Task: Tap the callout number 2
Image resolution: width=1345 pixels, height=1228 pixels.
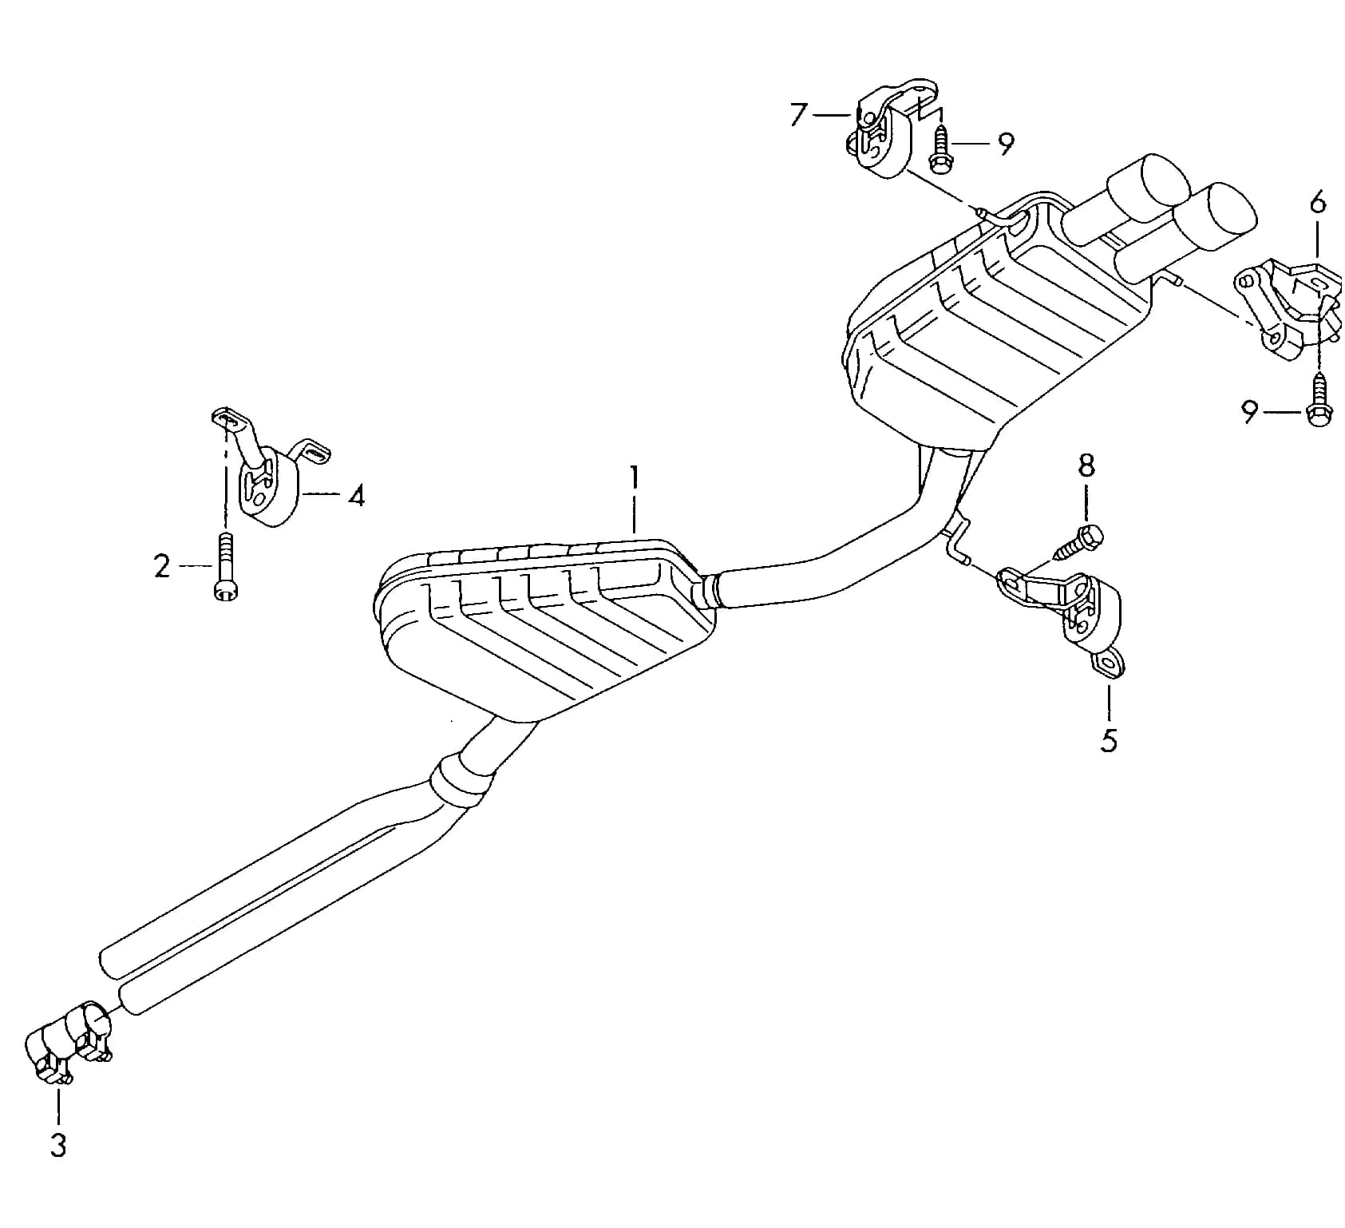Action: click(x=162, y=566)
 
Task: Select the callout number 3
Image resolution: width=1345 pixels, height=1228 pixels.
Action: click(x=58, y=1146)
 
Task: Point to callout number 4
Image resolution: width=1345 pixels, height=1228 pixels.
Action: click(x=356, y=496)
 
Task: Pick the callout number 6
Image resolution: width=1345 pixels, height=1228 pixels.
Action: click(x=1318, y=204)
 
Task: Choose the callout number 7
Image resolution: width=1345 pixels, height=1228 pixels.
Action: click(x=799, y=116)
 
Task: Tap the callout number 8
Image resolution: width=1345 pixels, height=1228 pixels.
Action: click(x=1086, y=466)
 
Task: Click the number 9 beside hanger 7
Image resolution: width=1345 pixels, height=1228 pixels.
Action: click(x=1006, y=145)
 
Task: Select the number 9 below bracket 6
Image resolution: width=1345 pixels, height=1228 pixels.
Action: click(x=1250, y=412)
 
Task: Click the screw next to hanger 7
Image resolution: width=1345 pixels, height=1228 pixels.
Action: click(x=940, y=149)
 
